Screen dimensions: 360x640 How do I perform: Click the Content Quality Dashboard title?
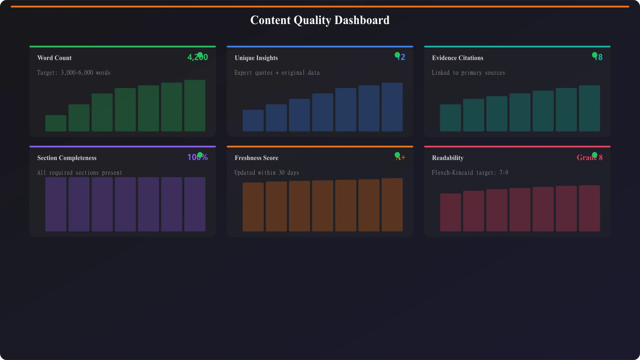click(x=320, y=20)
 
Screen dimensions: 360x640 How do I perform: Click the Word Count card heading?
click(x=54, y=58)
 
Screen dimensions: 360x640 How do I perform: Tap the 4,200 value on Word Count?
click(x=198, y=57)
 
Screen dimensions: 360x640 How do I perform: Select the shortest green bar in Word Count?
click(x=56, y=123)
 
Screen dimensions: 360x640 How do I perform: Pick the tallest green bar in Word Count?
click(x=195, y=106)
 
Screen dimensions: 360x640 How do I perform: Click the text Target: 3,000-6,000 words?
click(x=74, y=73)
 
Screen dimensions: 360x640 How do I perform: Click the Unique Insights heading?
click(x=256, y=58)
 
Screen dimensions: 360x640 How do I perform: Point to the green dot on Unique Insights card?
click(x=397, y=55)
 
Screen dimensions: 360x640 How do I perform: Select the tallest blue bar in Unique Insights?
click(x=392, y=107)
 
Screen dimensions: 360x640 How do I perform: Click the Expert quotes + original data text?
click(x=277, y=73)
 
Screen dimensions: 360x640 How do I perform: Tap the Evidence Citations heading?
click(x=458, y=58)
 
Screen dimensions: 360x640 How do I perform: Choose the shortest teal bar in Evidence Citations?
click(x=450, y=118)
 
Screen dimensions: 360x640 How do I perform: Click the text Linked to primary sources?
click(x=468, y=73)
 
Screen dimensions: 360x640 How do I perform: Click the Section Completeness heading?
click(x=67, y=158)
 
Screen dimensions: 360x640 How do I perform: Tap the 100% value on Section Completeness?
click(x=198, y=157)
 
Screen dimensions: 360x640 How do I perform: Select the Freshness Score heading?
click(x=256, y=158)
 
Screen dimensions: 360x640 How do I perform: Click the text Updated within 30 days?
click(x=266, y=173)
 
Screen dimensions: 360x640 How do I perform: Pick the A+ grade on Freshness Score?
click(x=401, y=158)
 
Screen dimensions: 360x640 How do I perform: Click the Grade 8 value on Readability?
click(x=589, y=158)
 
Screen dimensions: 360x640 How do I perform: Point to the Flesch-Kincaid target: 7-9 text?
click(x=470, y=173)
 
